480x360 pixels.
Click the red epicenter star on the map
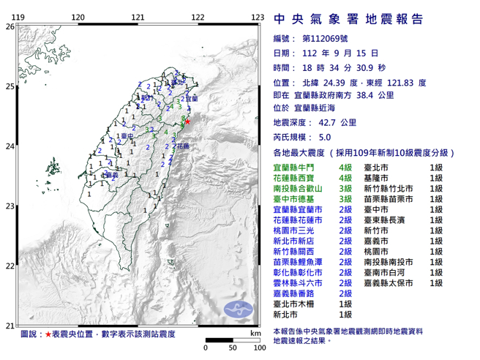pyautogui.click(x=187, y=122)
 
